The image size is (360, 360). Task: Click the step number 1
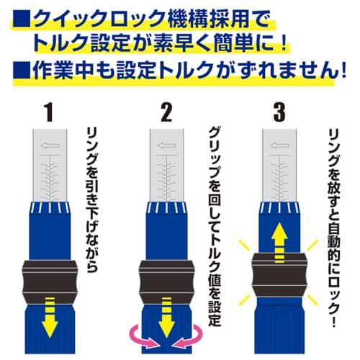[x=49, y=113]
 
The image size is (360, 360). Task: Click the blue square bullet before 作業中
[x=19, y=72]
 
